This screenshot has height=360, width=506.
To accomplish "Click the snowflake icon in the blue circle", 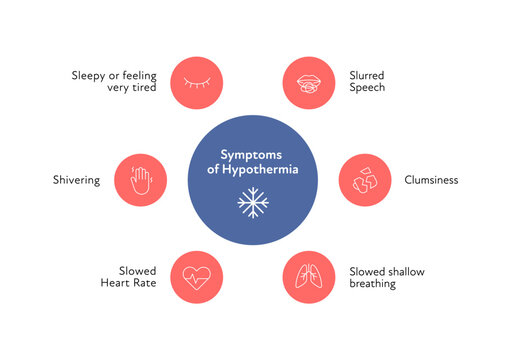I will pos(253,204).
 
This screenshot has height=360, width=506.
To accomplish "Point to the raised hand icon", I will pos(141,180).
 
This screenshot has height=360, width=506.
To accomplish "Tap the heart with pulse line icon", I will pos(196,275).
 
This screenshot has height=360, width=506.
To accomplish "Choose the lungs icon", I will pos(309,275).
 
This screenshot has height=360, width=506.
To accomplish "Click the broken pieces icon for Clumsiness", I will pos(364,180).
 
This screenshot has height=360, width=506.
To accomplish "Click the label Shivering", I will pos(76,180).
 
